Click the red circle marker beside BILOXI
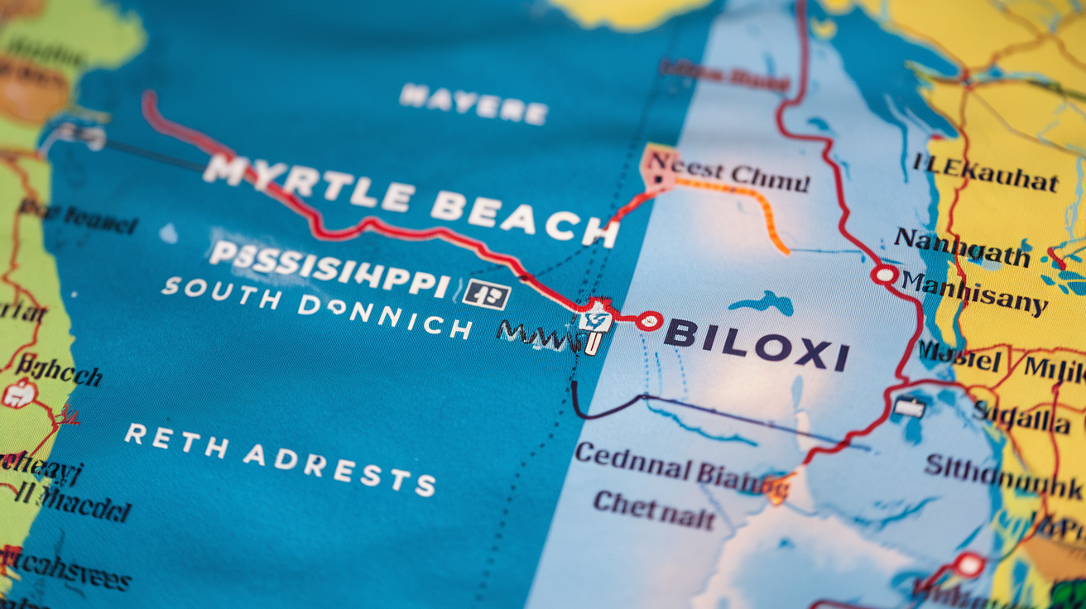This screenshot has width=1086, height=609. tap(649, 320)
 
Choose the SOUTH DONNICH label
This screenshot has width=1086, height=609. tap(316, 307)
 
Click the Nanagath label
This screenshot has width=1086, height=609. tap(961, 246)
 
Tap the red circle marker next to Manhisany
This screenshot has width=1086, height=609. tap(884, 274)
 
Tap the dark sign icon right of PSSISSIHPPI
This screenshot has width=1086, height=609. tap(486, 293)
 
